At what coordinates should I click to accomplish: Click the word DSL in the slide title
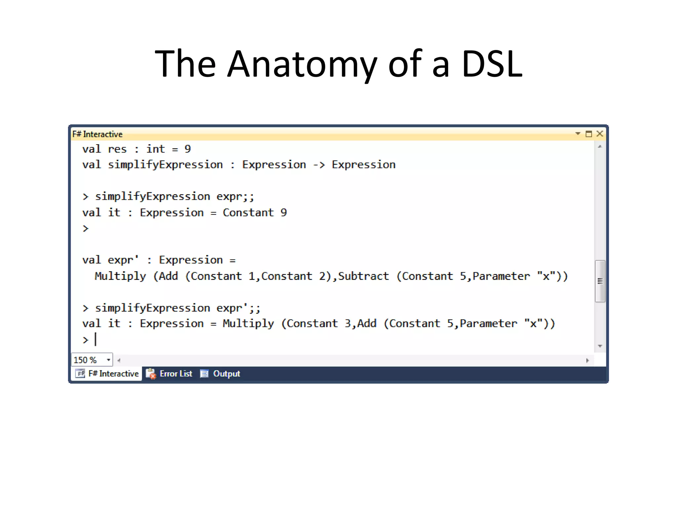(x=492, y=64)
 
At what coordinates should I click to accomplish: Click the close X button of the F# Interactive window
(x=600, y=134)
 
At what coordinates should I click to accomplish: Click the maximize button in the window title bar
(x=589, y=134)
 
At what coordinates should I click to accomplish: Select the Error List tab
(x=176, y=374)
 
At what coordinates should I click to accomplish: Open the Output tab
(x=226, y=374)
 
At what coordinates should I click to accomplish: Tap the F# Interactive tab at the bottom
(x=113, y=374)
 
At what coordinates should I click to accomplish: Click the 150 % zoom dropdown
(x=92, y=360)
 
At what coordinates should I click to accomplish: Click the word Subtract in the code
(x=363, y=276)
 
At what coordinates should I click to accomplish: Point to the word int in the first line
(x=155, y=149)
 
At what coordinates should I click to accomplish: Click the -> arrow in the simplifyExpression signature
(x=319, y=165)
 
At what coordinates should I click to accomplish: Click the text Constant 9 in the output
(x=255, y=213)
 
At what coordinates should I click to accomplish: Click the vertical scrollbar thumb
(x=600, y=281)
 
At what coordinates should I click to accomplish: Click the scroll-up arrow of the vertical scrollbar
(x=600, y=147)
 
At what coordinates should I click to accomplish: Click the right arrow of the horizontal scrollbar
(x=587, y=360)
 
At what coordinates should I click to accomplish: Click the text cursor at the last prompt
(x=96, y=339)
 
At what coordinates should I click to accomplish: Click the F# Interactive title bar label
(x=98, y=134)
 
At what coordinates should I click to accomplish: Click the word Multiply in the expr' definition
(x=120, y=276)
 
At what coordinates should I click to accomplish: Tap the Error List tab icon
(x=151, y=374)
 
